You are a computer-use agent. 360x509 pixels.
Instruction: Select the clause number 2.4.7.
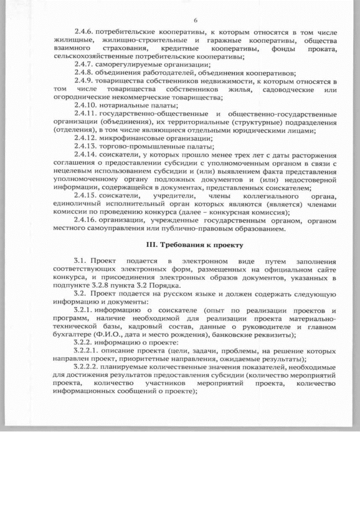point(85,65)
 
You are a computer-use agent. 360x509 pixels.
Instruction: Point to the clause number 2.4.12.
point(87,138)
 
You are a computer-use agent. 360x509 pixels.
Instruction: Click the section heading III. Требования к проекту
point(195,245)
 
